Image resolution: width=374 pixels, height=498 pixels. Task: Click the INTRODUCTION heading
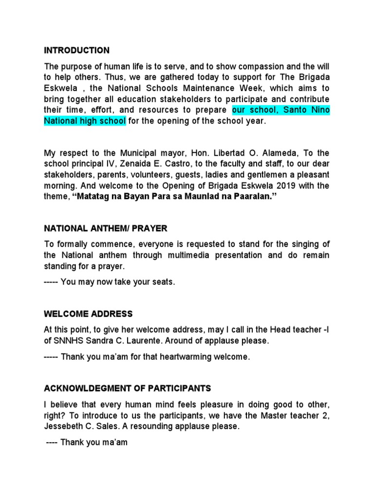(77, 51)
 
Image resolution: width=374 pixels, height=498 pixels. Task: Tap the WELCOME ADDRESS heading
(88, 314)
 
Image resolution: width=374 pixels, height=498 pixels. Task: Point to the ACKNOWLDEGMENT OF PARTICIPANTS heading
(128, 388)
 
